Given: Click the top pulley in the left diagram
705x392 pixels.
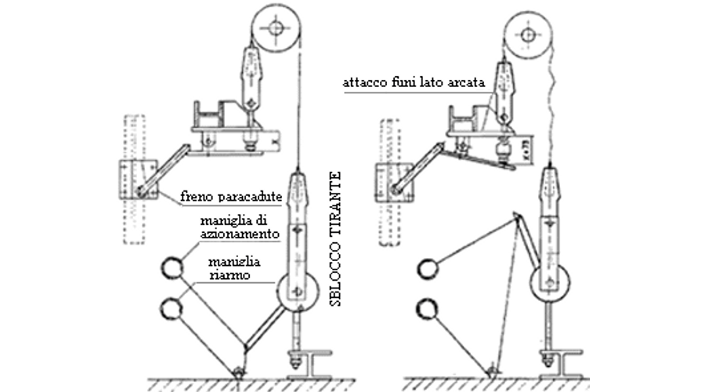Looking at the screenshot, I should point(276,29).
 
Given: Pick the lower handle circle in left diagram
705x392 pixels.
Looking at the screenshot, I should point(172,307).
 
